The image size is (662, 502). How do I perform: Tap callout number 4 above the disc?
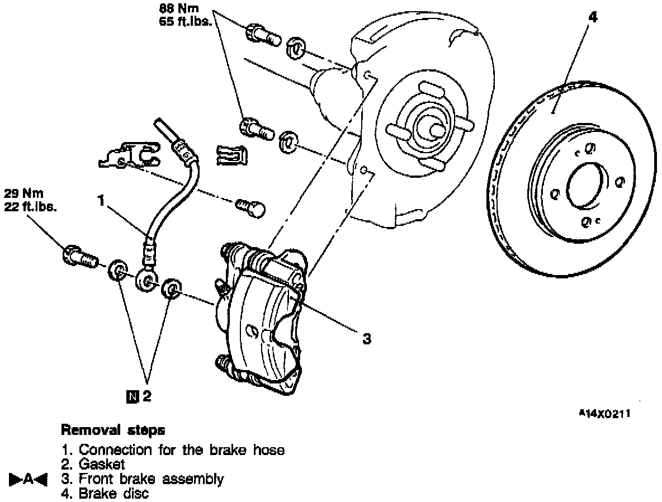(593, 17)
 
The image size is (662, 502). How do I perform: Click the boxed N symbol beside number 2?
(132, 397)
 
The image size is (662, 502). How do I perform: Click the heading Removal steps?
(112, 430)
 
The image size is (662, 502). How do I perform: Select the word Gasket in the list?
(102, 464)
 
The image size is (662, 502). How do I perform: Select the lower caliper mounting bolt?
(256, 128)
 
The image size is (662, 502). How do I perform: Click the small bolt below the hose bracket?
(250, 209)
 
